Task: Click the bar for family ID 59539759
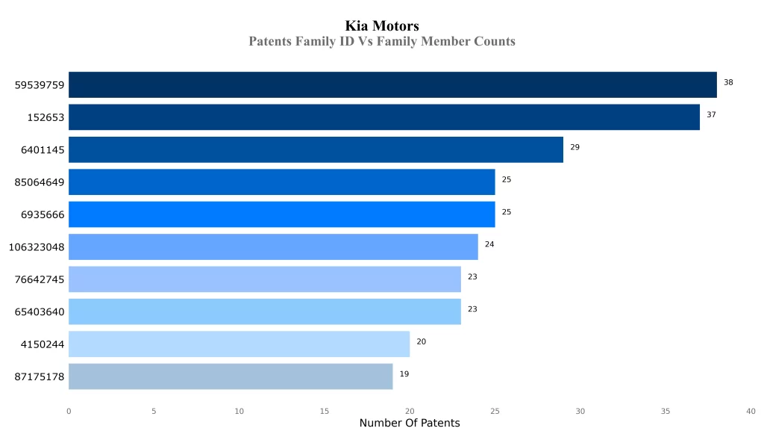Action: (x=392, y=84)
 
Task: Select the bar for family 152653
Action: (x=383, y=117)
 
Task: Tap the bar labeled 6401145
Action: (x=316, y=149)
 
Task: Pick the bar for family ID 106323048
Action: (x=273, y=247)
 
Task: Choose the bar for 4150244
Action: (x=239, y=344)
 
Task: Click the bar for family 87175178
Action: (x=231, y=376)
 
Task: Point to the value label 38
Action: (x=728, y=82)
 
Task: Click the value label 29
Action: (x=574, y=147)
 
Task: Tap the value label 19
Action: (x=404, y=374)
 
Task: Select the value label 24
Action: (x=489, y=244)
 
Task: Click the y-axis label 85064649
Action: (x=40, y=182)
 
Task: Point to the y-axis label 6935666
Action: (x=43, y=214)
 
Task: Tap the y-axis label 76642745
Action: (x=40, y=279)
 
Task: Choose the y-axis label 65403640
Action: (x=40, y=312)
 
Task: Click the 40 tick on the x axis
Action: (x=751, y=411)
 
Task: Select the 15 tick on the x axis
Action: (x=325, y=411)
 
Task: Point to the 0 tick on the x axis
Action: (x=69, y=411)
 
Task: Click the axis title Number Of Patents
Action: (x=410, y=424)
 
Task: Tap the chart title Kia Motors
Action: (x=382, y=26)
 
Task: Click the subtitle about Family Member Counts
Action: (x=382, y=41)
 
